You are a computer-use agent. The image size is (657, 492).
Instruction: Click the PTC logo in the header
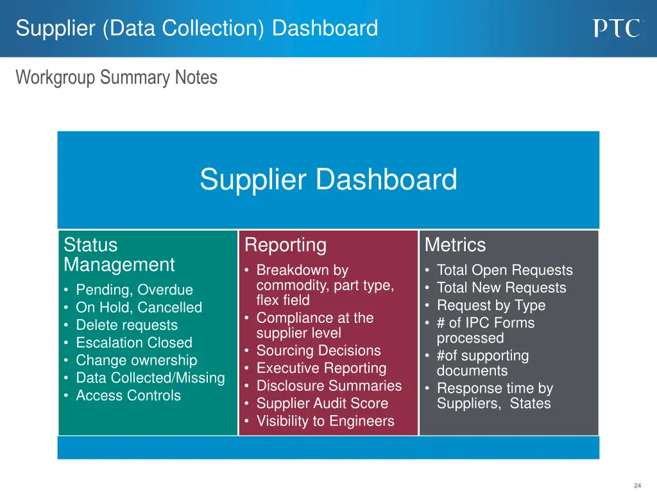coord(616,28)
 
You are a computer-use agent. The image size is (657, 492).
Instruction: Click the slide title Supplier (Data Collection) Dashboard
coord(197,28)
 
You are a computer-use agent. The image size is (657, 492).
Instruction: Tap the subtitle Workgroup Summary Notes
coord(117,78)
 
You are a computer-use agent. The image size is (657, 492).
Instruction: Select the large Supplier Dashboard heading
coord(328,179)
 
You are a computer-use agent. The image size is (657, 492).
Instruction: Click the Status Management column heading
coord(119,254)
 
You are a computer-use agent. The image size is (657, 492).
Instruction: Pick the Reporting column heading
coord(286,245)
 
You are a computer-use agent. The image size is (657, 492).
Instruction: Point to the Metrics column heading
coord(455,245)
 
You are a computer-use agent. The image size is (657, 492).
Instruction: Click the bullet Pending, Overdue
coord(134,290)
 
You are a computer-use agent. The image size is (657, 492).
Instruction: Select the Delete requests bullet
coord(126,325)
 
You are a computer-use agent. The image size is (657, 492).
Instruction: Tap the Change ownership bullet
coord(136,360)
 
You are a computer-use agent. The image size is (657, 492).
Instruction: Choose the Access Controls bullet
coord(128,395)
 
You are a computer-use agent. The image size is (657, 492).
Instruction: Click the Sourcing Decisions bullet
coord(318,350)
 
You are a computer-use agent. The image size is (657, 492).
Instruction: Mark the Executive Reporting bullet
coord(321,368)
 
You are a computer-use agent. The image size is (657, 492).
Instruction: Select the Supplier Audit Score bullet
coord(322,403)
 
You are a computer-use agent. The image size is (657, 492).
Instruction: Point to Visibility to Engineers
coord(325,421)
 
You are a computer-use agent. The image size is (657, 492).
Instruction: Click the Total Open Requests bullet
coord(504,270)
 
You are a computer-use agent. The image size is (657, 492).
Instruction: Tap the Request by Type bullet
coord(491,306)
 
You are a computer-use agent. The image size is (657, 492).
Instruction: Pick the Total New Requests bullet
coord(501,288)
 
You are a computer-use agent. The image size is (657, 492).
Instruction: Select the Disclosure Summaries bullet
coord(328,386)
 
